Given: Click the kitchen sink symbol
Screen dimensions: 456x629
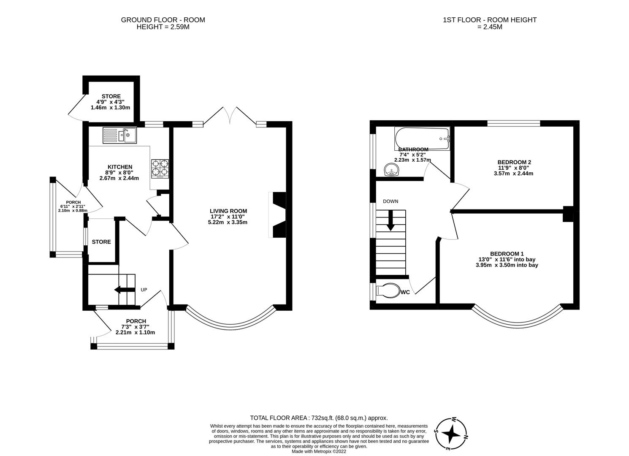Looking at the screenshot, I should (x=119, y=135).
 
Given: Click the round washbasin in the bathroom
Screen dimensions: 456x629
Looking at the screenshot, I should (x=391, y=171).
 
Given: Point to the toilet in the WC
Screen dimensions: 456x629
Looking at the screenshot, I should (x=388, y=290).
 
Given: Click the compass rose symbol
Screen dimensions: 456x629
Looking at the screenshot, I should (x=451, y=433).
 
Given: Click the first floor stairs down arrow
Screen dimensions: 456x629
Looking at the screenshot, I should (x=390, y=220).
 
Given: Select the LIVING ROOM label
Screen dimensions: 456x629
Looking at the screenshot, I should (x=228, y=211).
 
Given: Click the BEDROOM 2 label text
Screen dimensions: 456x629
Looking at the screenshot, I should (x=514, y=162).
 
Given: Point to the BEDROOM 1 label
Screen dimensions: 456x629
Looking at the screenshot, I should (x=507, y=253).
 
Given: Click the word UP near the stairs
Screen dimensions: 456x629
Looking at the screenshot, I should (x=144, y=290).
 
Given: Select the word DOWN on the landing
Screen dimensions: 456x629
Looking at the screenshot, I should (x=390, y=201).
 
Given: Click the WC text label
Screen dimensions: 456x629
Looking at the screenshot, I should (x=405, y=292).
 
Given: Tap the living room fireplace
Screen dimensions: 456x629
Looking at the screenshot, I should (x=277, y=215).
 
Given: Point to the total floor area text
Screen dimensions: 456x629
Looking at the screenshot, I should (x=319, y=418).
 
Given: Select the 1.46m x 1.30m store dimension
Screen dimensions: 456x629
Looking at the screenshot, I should (x=110, y=108).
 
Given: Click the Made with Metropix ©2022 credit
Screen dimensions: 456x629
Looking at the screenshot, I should (x=319, y=451).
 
